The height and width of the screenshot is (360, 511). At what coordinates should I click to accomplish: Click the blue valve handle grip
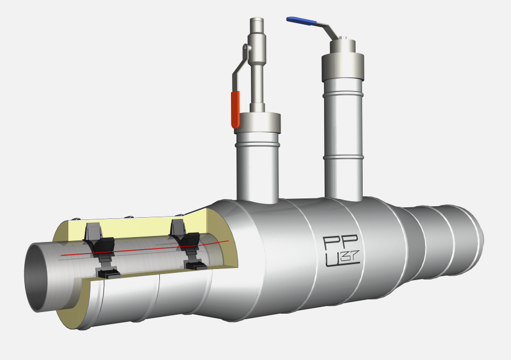pyautogui.click(x=302, y=21)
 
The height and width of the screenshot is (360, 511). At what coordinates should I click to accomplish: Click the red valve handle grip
pyautogui.click(x=235, y=110)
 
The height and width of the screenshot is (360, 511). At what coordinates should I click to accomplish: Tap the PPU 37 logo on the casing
pyautogui.click(x=341, y=251)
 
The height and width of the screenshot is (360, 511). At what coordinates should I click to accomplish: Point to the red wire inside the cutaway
pyautogui.click(x=145, y=248)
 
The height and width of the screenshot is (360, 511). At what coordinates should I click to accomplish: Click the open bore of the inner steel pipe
pyautogui.click(x=36, y=277)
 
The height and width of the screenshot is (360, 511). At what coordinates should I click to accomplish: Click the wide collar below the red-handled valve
pyautogui.click(x=257, y=123)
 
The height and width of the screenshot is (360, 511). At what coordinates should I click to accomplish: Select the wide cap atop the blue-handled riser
pyautogui.click(x=343, y=67)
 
